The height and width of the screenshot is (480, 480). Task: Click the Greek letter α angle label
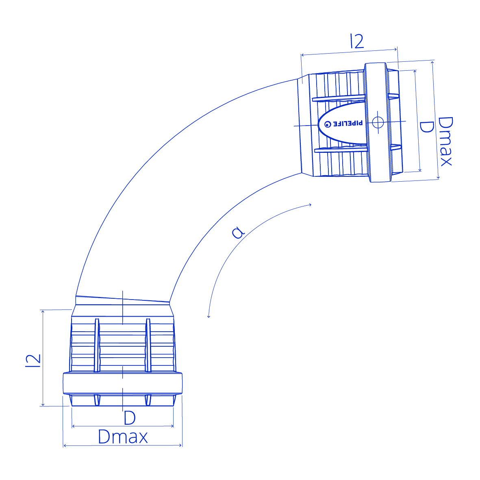click(x=238, y=232)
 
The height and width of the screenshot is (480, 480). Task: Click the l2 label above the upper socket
click(x=357, y=41)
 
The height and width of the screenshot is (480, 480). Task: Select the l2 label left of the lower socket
click(x=33, y=361)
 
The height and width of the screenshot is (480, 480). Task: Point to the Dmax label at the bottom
click(x=123, y=437)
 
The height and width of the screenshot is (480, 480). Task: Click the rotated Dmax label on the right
click(x=445, y=141)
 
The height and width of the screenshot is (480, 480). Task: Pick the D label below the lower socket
click(x=130, y=417)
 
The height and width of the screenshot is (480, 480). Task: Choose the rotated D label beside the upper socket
click(x=426, y=127)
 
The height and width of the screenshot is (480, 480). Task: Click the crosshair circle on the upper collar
click(x=378, y=122)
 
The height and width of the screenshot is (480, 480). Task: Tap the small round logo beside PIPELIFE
click(x=328, y=124)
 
